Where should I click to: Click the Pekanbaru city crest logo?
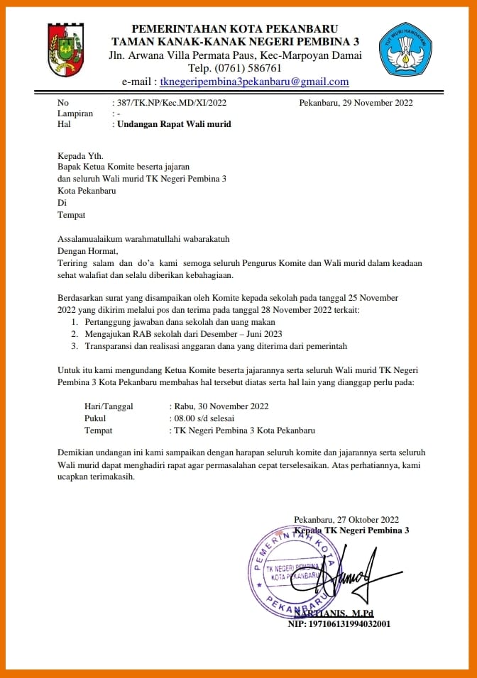pos(68,49)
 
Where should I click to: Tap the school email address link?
pos(254,82)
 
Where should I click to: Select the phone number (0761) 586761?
pos(235,68)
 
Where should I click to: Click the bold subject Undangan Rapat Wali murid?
pos(174,124)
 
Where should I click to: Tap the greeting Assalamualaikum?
pos(93,239)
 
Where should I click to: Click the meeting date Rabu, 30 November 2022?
pos(220,406)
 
